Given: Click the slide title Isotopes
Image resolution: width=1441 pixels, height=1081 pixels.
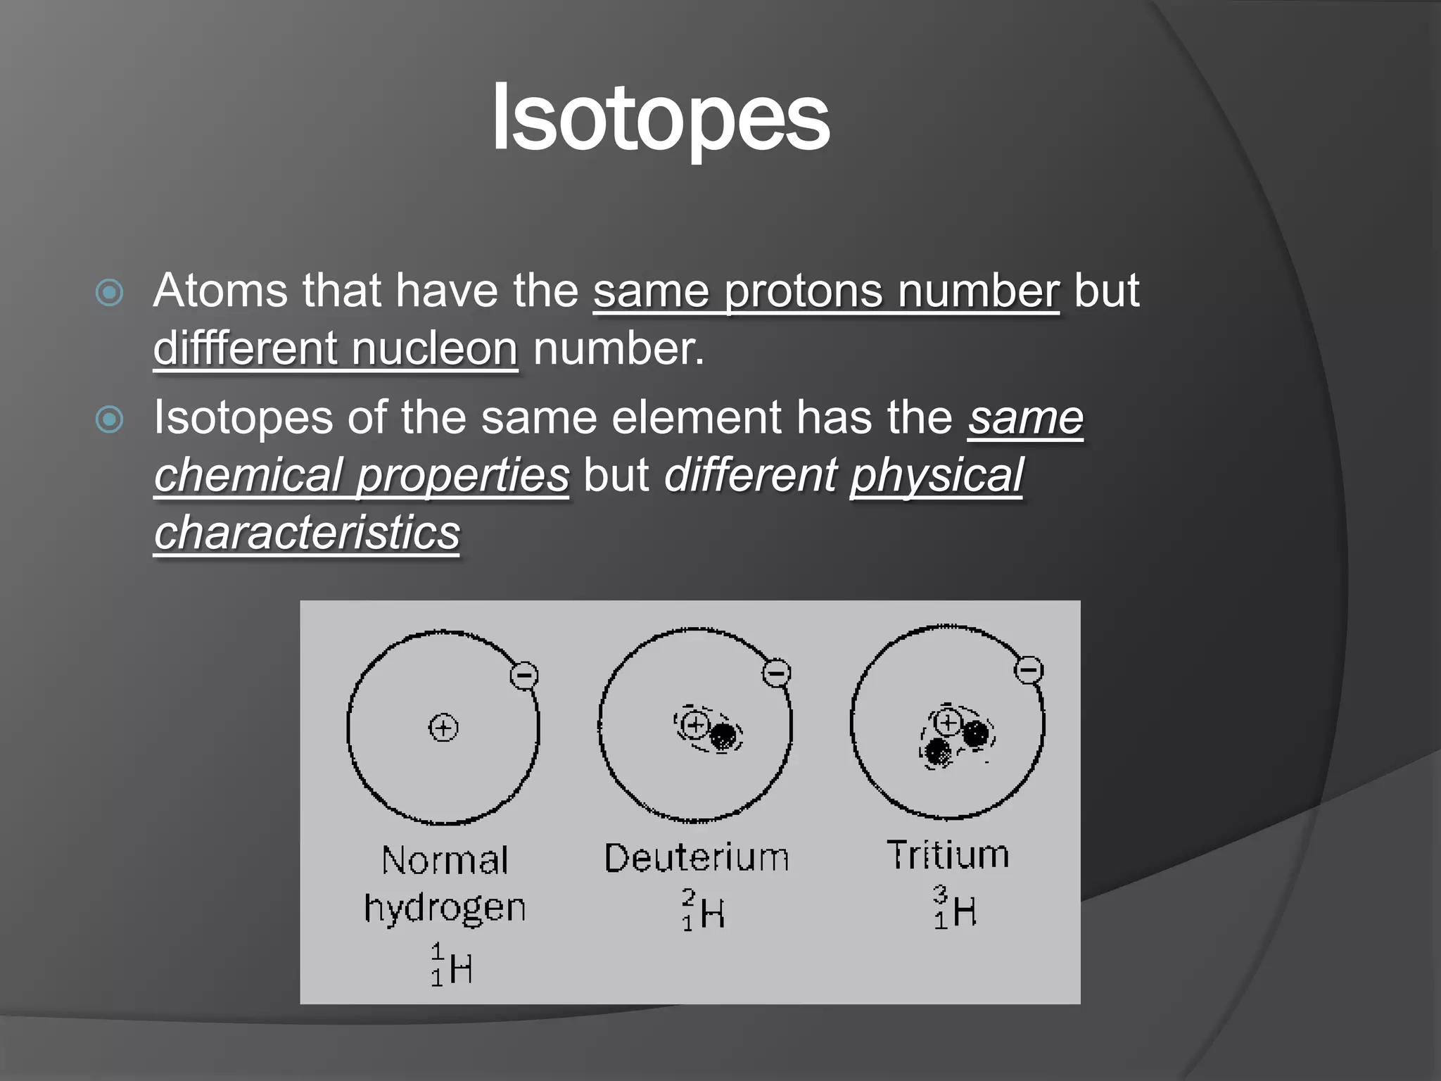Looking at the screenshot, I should coord(661,118).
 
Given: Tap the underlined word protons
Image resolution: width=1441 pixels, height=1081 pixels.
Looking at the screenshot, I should coord(803,291).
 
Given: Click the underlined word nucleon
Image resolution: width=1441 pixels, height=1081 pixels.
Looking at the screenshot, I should coord(435,348).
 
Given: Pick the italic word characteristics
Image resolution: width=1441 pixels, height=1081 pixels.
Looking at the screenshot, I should coord(307,533).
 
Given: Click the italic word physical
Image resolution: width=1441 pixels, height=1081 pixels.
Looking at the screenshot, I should coord(937,475).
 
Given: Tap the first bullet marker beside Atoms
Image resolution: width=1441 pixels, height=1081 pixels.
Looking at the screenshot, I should coord(110,293).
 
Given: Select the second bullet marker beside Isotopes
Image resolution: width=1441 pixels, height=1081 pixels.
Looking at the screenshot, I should coord(110,420).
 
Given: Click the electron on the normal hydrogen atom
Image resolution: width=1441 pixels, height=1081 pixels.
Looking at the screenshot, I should coord(524,676).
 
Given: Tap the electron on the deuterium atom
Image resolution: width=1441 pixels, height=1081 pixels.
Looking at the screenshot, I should coord(776,673).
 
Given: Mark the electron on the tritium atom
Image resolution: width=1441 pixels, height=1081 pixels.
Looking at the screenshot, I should coord(1028,669).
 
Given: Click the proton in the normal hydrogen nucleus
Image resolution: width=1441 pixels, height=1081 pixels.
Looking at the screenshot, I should coord(443,727).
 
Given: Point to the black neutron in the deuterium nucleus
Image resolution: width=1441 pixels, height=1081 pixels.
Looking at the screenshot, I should coord(723,737).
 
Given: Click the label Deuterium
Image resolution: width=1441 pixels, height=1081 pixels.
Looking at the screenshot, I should coord(697,859).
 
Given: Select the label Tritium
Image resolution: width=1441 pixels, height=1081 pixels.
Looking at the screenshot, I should coord(948,855).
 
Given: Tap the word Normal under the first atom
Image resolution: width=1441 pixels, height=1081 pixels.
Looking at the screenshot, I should coord(445,861).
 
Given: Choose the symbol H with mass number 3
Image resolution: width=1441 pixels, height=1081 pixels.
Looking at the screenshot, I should coord(964,912).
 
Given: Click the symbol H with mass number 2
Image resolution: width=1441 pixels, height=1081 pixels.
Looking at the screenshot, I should coord(712,914).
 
